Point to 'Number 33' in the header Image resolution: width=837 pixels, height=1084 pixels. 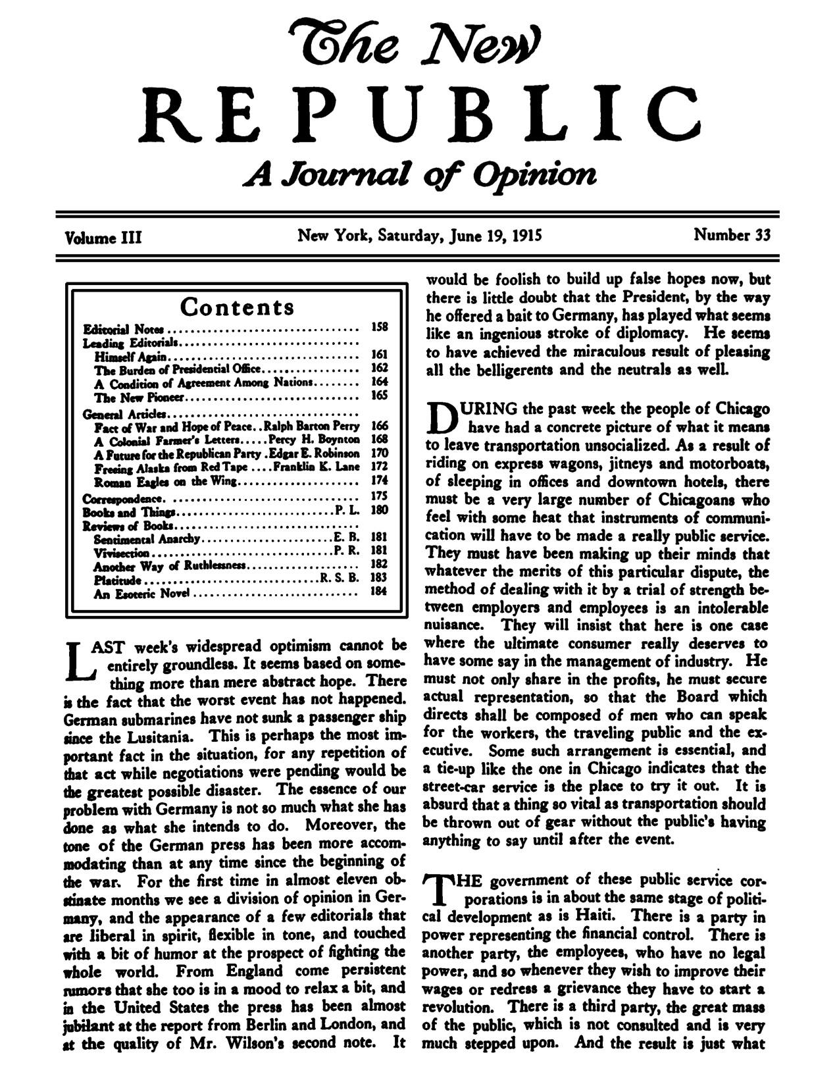point(732,235)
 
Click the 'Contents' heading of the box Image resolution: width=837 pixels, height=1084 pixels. point(238,307)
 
